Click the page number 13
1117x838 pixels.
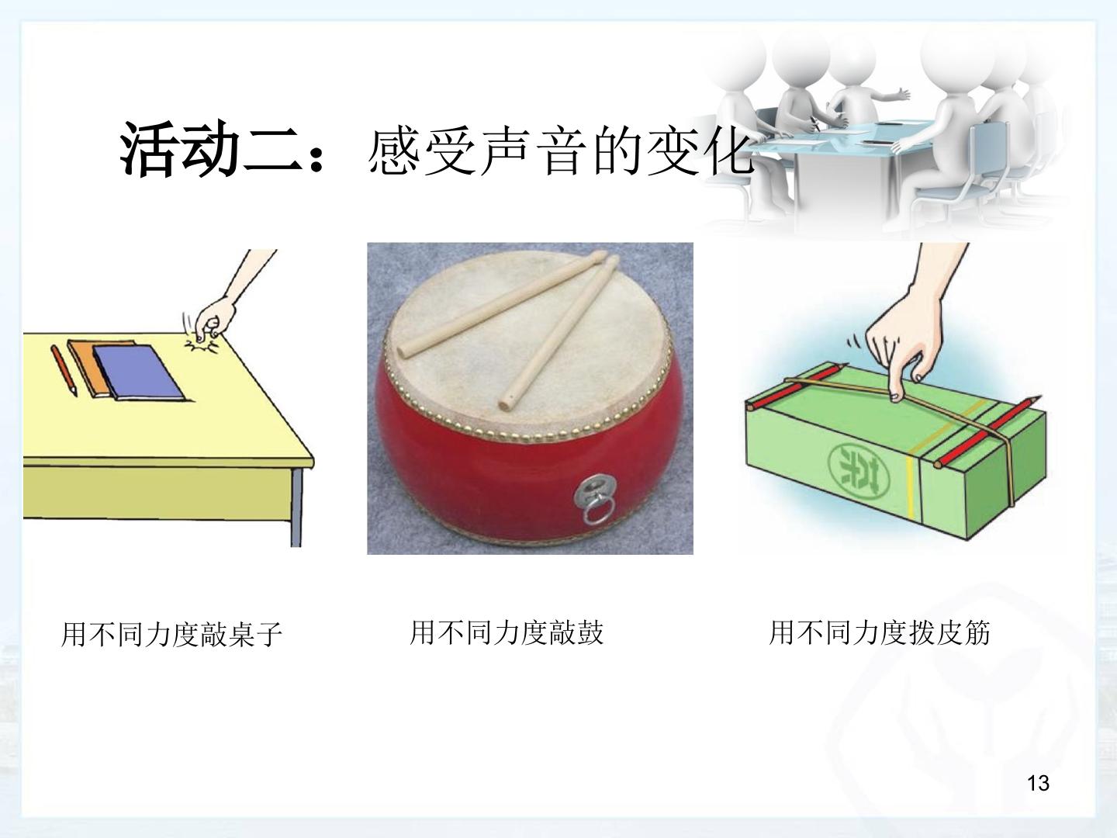1038,783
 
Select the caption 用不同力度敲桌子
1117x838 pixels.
171,635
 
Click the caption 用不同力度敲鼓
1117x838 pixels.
507,633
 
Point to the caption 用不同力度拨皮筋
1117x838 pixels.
880,633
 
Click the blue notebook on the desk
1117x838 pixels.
138,373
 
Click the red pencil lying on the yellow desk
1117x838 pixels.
64,370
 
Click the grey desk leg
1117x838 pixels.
296,507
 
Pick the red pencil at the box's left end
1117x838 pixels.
797,386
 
